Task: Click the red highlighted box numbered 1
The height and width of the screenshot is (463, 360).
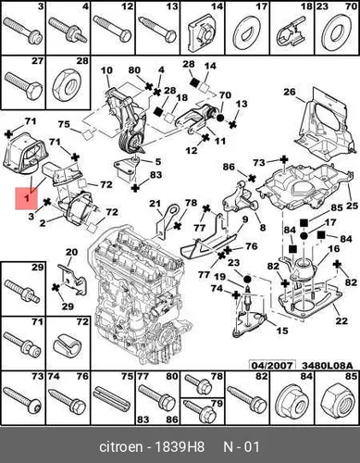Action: (27, 198)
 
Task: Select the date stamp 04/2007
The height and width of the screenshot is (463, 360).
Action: (272, 366)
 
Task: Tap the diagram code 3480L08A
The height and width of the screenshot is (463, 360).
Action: (327, 366)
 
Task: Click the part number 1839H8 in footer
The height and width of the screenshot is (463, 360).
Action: (180, 447)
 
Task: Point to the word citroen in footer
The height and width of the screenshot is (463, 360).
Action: (121, 447)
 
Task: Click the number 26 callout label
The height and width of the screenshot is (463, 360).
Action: (290, 92)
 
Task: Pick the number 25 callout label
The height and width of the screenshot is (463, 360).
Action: (352, 206)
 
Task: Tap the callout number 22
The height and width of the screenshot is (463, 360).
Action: (341, 320)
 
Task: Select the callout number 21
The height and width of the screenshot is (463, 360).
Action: (155, 204)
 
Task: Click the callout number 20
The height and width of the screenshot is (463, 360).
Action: (71, 252)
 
